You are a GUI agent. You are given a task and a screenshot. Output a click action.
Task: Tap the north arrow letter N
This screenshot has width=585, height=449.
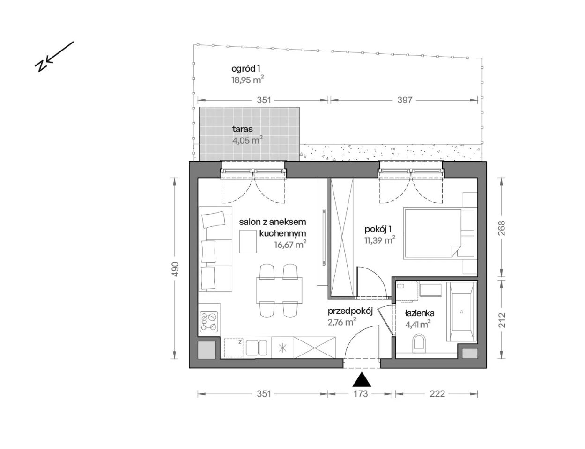[42, 65]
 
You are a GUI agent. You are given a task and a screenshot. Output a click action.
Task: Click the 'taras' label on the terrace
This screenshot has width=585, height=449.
[243, 129]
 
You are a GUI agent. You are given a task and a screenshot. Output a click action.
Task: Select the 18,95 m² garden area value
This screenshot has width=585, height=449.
[248, 80]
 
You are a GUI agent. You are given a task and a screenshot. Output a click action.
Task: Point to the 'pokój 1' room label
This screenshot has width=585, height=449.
[378, 229]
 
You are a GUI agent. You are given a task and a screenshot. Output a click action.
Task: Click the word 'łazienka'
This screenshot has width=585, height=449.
[420, 313]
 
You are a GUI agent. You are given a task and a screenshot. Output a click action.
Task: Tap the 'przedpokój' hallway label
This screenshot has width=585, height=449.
[350, 311]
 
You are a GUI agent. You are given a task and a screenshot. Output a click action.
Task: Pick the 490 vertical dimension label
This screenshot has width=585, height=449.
[175, 269]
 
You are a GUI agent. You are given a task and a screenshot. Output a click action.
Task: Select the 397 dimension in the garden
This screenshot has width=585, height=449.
[405, 100]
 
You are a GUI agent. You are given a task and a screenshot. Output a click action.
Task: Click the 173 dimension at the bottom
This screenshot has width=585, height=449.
[361, 394]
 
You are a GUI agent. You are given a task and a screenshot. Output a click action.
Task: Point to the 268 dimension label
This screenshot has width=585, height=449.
[502, 228]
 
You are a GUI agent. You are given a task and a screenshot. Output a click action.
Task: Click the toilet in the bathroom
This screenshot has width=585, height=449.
[420, 343]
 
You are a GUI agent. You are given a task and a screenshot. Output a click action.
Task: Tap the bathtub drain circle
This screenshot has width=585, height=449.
[462, 312]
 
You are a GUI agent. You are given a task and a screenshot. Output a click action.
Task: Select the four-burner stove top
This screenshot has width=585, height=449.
[208, 321]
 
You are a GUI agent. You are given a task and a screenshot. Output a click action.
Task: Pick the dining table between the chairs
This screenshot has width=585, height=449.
[279, 290]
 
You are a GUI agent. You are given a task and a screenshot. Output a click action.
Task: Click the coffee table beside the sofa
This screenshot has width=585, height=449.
[248, 241]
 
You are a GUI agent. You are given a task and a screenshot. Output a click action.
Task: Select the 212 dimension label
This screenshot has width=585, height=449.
[502, 320]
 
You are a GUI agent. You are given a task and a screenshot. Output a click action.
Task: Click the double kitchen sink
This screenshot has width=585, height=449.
[256, 348]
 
